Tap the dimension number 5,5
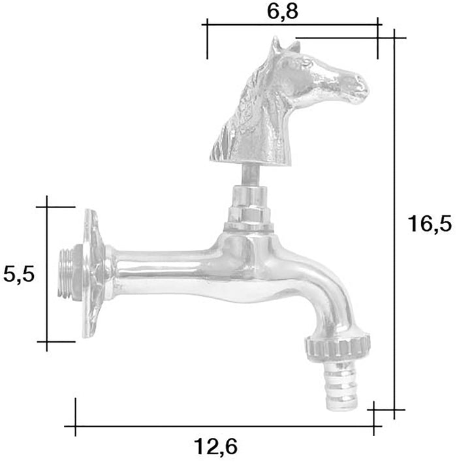(18, 274)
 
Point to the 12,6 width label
(215, 448)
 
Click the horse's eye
(306, 63)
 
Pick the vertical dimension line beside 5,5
(47, 274)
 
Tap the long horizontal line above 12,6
(222, 427)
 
